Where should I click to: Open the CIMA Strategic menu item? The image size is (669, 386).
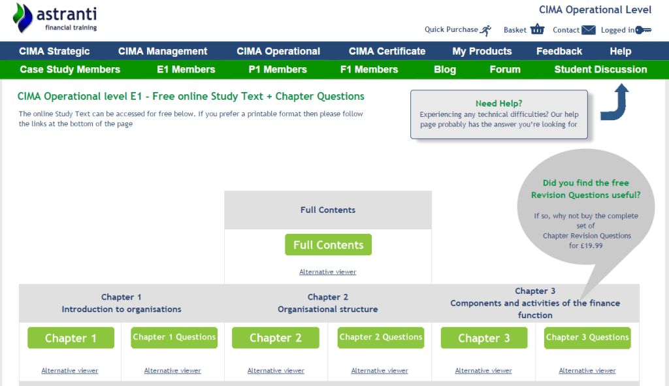tap(54, 51)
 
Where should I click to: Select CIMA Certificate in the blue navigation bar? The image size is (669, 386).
tap(387, 51)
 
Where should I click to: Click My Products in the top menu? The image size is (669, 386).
tap(482, 51)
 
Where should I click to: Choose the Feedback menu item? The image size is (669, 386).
tap(559, 51)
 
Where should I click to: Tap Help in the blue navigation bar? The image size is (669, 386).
tap(620, 51)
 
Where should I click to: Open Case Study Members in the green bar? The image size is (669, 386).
tap(70, 69)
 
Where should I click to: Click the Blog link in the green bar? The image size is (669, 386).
tap(445, 69)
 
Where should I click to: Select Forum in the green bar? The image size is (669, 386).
tap(505, 69)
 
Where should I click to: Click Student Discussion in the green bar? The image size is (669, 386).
tap(600, 69)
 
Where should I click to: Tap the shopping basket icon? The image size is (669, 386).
tap(537, 29)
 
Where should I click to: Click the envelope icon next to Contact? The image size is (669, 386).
tap(589, 29)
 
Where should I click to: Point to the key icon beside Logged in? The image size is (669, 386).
tap(644, 29)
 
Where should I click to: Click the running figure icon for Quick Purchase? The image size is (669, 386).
tap(485, 29)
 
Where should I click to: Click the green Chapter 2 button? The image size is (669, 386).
tap(276, 338)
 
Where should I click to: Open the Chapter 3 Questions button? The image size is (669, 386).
tap(587, 338)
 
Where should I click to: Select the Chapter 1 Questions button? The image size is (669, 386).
tap(174, 338)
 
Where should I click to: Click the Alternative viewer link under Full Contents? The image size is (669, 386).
tap(328, 272)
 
